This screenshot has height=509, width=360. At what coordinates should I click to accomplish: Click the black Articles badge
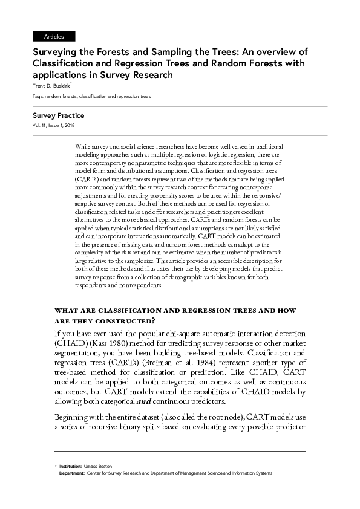pos(54,37)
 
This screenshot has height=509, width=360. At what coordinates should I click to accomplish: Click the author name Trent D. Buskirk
pos(51,86)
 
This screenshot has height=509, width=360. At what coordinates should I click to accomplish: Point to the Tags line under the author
pos(91,96)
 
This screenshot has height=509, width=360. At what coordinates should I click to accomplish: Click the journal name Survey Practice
pos(58,115)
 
